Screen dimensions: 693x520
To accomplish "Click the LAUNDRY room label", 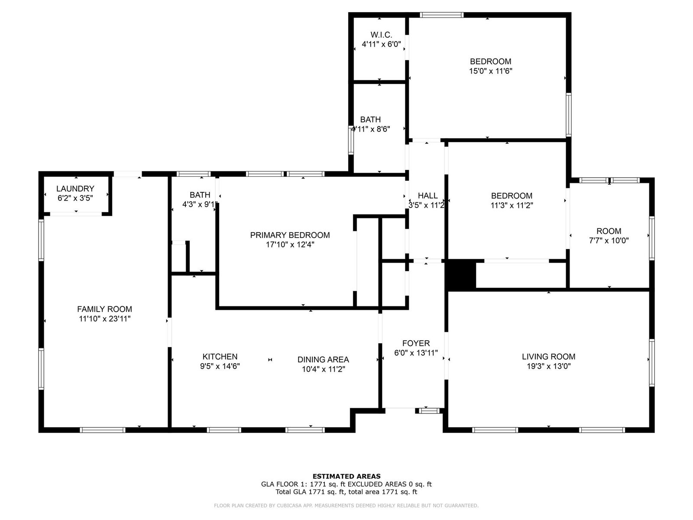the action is [75, 188].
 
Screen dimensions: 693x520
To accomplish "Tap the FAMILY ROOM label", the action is [104, 309].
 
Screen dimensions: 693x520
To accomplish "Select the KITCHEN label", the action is [220, 357].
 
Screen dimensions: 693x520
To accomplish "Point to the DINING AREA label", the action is [323, 359].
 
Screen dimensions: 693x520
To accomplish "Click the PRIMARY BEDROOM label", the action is [290, 235].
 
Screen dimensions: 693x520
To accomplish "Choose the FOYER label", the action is [416, 343].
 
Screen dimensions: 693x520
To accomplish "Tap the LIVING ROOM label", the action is [548, 357].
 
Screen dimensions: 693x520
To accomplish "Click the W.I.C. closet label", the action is [381, 34].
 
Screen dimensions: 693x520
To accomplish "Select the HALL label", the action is [427, 195].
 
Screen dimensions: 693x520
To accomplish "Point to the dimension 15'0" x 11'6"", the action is [490, 71].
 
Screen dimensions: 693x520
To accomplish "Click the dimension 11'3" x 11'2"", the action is [512, 205].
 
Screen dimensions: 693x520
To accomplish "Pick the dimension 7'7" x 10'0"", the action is [609, 240].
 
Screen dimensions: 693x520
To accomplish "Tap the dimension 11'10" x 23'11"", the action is [104, 318].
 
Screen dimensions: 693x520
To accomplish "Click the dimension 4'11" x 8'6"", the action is [370, 129].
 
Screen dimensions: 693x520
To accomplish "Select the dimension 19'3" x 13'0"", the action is [548, 366].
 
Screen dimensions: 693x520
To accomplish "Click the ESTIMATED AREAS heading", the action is [346, 476].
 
